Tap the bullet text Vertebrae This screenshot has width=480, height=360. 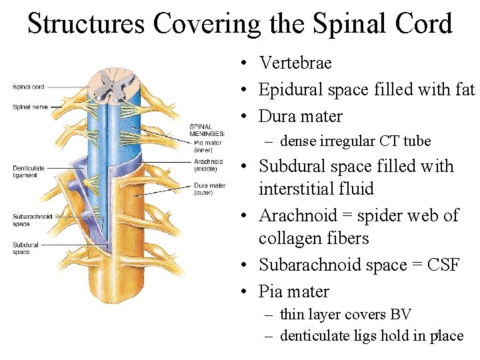tap(295, 63)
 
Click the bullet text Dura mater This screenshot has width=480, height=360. tap(300, 116)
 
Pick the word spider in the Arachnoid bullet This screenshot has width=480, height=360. tap(383, 215)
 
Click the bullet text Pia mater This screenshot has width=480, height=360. tap(293, 291)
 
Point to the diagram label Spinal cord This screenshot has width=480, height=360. tap(29, 87)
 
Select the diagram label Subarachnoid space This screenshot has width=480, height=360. tap(31, 220)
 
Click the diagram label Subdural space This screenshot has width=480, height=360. tap(25, 249)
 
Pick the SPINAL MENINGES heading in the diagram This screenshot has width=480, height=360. tap(207, 130)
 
